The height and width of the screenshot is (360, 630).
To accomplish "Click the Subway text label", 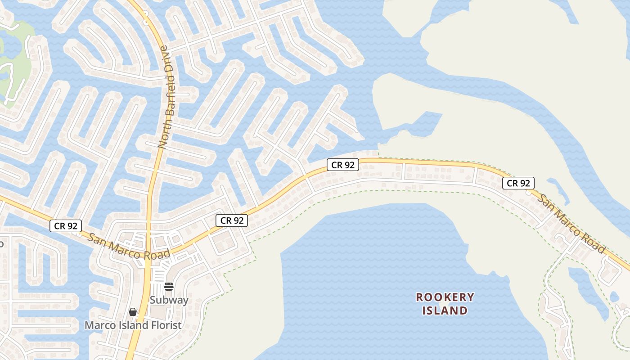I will coord(169,300).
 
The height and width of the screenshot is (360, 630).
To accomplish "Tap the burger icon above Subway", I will coord(169,287).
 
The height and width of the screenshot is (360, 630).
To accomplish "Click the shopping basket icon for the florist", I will coord(133,311).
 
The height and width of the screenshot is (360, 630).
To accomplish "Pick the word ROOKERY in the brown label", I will coord(445,297).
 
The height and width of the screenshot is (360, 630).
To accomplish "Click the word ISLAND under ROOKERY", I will coord(445,310).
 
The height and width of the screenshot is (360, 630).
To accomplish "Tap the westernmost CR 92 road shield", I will coord(66,226).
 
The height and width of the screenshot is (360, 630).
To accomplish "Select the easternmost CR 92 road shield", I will coord(518,183).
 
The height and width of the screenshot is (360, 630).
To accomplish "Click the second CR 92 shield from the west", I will coord(232,220).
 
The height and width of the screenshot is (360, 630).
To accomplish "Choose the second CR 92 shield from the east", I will coord(343,165).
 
